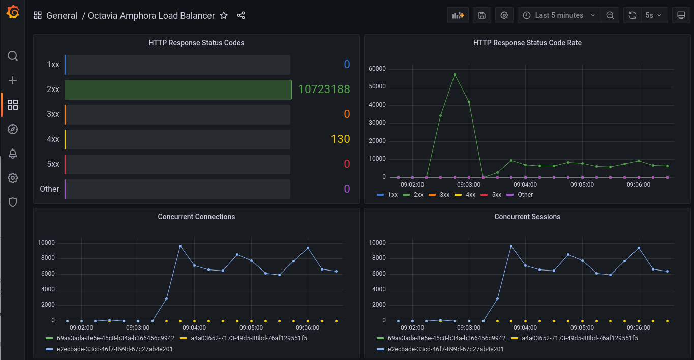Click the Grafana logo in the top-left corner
pyautogui.click(x=13, y=12)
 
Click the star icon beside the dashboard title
pyautogui.click(x=224, y=15)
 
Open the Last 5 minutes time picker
pyautogui.click(x=559, y=15)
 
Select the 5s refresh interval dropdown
pyautogui.click(x=653, y=15)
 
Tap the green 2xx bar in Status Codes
pyautogui.click(x=178, y=89)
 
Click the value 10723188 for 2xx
pyautogui.click(x=324, y=89)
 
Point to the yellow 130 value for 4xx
pyautogui.click(x=340, y=139)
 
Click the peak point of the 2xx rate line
pyautogui.click(x=455, y=75)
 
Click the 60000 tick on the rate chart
pyautogui.click(x=377, y=69)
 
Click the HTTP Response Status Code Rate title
pyautogui.click(x=527, y=43)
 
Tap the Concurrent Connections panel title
pyautogui.click(x=196, y=217)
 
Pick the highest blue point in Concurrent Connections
pyautogui.click(x=180, y=246)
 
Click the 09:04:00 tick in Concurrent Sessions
pyautogui.click(x=525, y=328)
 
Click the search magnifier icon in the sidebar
pyautogui.click(x=13, y=56)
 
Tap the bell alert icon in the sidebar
pyautogui.click(x=13, y=154)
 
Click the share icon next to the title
pyautogui.click(x=241, y=15)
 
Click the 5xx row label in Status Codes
pyautogui.click(x=53, y=164)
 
